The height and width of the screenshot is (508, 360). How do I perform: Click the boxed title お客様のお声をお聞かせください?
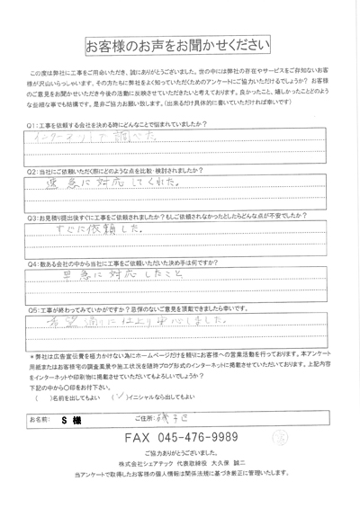click(x=179, y=43)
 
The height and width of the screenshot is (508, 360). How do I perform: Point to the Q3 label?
click(x=32, y=218)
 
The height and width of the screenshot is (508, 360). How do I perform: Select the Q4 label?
click(x=32, y=264)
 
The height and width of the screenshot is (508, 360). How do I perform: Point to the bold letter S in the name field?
click(x=64, y=418)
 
